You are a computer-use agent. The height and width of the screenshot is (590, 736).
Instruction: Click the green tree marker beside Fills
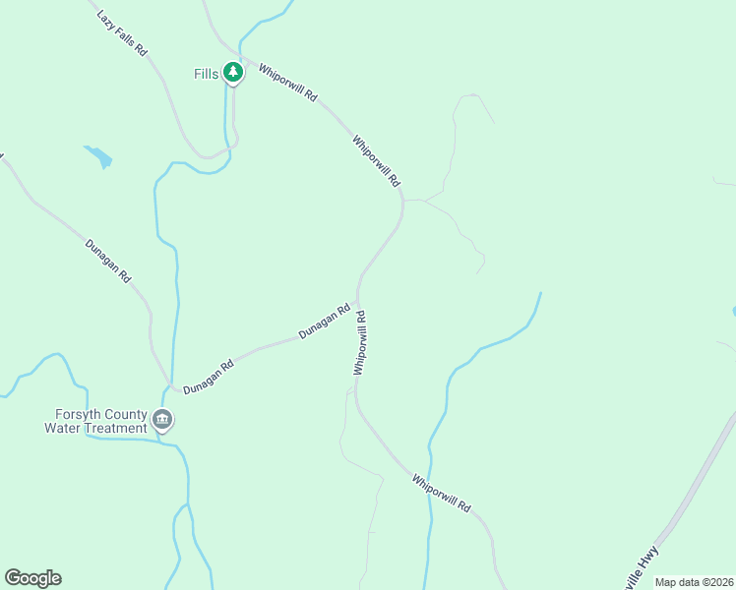232,73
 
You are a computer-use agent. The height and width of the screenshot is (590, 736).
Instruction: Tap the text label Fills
207,74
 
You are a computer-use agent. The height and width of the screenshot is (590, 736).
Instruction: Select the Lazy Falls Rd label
122,33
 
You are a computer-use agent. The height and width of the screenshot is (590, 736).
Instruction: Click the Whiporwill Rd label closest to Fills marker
288,83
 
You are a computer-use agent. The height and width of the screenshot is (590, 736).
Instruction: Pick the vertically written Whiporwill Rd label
360,342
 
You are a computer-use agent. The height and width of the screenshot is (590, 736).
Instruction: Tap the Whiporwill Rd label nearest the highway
442,494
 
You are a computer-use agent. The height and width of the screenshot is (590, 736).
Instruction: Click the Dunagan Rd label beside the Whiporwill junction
325,322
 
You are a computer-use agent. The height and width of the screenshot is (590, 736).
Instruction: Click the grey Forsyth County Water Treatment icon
163,422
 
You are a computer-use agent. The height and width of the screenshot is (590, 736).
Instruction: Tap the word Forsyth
76,414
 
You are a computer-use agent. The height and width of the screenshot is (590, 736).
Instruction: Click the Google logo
32,578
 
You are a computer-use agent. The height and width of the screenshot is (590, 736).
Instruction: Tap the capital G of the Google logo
13,577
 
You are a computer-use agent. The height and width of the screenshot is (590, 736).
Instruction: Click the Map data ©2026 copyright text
694,582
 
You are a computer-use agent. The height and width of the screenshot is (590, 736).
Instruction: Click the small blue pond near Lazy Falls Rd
98,156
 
